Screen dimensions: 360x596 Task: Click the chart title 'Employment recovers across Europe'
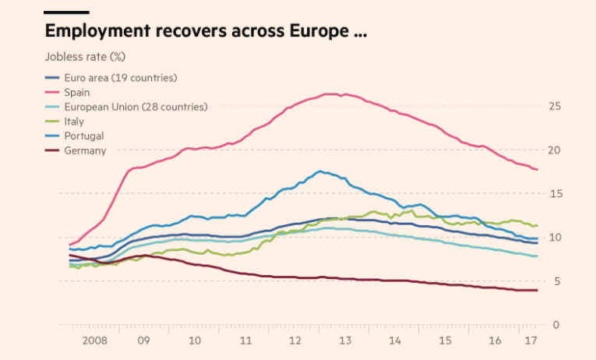(205, 32)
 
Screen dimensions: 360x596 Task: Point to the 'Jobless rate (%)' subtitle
(85, 57)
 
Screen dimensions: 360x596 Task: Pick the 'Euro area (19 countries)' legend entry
(121, 78)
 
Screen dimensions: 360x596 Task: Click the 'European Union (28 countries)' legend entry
(136, 107)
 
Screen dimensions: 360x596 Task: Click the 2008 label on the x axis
(94, 341)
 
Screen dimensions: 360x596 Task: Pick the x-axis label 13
(346, 341)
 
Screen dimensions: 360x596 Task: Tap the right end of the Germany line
(537, 291)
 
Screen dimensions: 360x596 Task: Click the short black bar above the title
(67, 12)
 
